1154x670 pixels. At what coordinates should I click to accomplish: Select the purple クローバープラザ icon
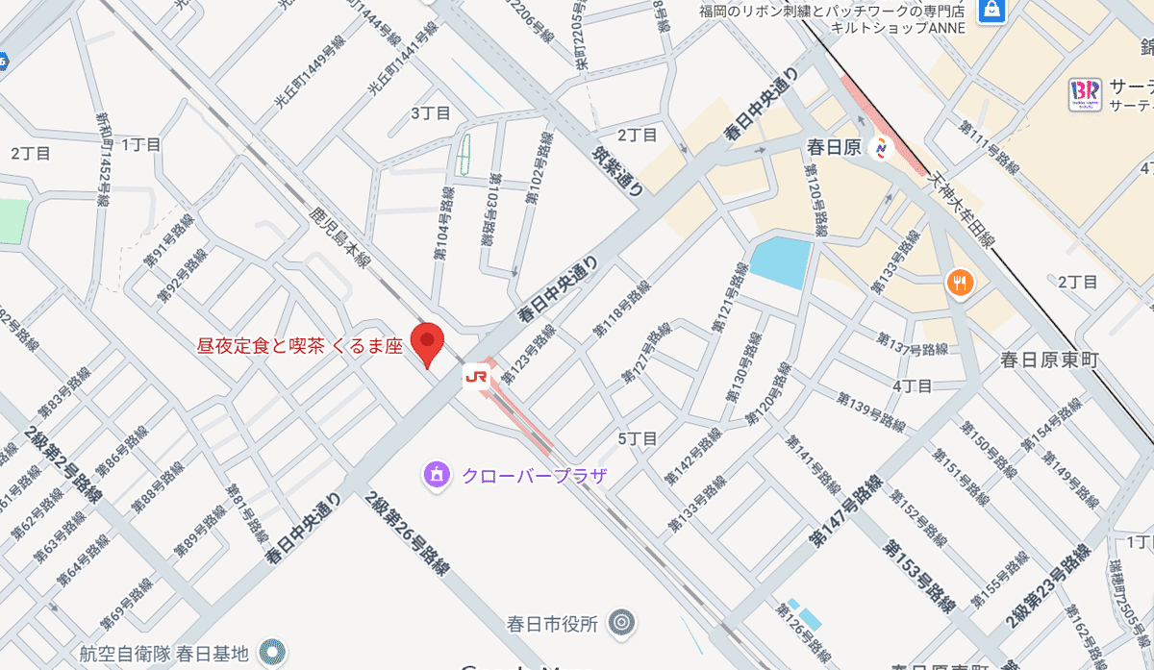click(x=437, y=474)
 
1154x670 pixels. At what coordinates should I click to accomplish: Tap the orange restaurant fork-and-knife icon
click(x=960, y=283)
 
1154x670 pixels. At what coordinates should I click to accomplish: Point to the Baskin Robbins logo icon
click(x=1084, y=94)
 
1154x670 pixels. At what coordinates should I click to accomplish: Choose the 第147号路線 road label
click(x=844, y=510)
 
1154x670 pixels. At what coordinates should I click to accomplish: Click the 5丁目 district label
click(x=637, y=438)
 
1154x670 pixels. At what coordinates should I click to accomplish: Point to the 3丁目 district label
click(x=431, y=113)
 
